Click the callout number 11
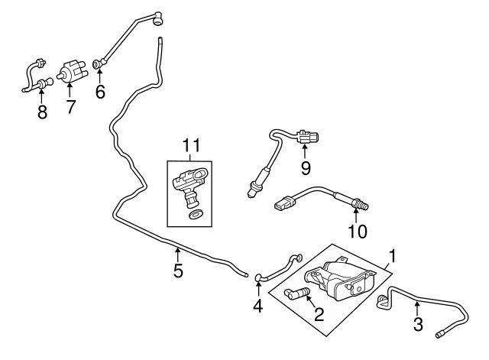pyautogui.click(x=192, y=145)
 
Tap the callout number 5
pyautogui.click(x=178, y=271)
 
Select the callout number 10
pyautogui.click(x=358, y=231)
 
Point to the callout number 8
pyautogui.click(x=42, y=112)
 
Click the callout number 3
pyautogui.click(x=418, y=324)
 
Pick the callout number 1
pyautogui.click(x=392, y=256)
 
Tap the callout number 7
pyautogui.click(x=71, y=107)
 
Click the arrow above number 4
pyautogui.click(x=258, y=289)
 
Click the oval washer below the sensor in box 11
pyautogui.click(x=196, y=214)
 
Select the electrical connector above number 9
pyautogui.click(x=308, y=137)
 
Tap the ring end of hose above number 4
pyautogui.click(x=259, y=277)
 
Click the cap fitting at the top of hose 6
pyautogui.click(x=158, y=19)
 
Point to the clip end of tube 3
pyautogui.click(x=383, y=301)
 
